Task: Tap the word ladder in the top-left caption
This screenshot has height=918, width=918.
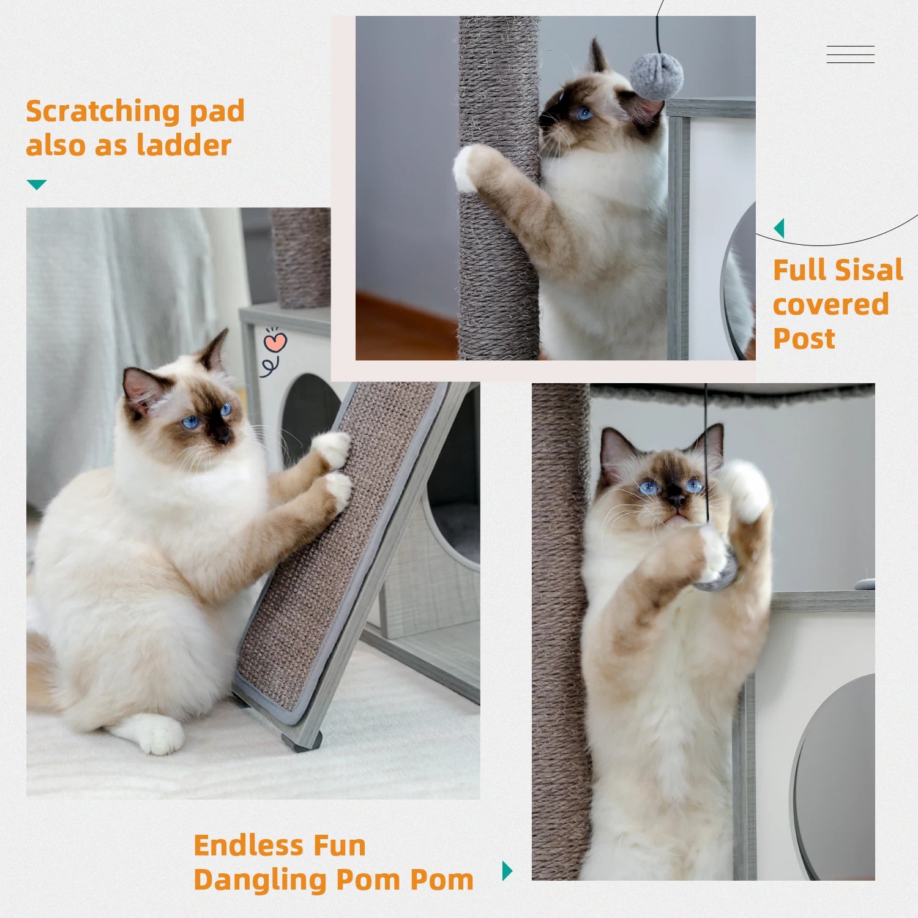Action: click(184, 146)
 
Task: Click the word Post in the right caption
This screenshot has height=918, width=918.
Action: click(804, 338)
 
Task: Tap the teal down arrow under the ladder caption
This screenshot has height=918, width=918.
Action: click(37, 184)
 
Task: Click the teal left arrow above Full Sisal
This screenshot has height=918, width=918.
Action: click(779, 228)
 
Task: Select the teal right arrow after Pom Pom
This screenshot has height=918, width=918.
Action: click(507, 870)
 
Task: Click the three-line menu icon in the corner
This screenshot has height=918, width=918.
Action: click(850, 54)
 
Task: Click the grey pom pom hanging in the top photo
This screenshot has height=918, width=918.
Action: click(656, 76)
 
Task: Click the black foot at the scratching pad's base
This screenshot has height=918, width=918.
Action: click(302, 742)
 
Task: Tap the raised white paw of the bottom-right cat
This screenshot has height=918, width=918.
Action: click(745, 490)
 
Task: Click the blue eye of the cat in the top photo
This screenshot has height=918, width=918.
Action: click(584, 113)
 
